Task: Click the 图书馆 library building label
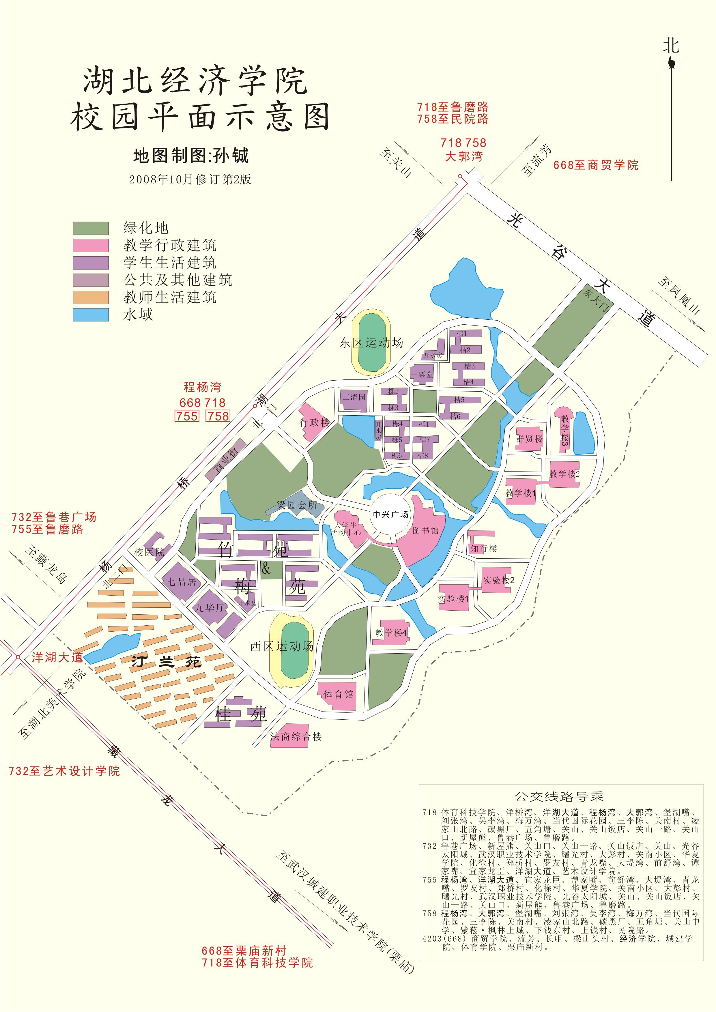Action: [425, 531]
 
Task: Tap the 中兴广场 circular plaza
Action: [390, 515]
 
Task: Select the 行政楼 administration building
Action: [314, 422]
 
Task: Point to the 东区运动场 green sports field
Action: [372, 343]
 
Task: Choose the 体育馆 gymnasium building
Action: [338, 695]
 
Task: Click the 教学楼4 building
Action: [391, 633]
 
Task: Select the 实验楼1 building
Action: [453, 598]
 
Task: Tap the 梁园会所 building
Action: [297, 505]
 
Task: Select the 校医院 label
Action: [149, 552]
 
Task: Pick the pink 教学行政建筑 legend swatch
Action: [91, 245]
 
